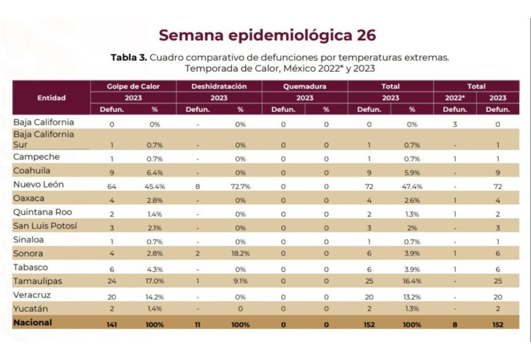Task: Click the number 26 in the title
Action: tap(365, 35)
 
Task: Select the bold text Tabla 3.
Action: tap(129, 58)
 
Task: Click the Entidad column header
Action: tap(51, 98)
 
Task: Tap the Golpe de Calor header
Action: tap(133, 87)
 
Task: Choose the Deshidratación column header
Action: tap(219, 87)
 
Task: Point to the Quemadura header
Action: tap(305, 87)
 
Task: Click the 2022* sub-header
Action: tap(455, 98)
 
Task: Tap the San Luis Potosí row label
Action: tap(46, 226)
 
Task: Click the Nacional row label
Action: tap(33, 322)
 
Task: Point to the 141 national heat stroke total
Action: tap(112, 324)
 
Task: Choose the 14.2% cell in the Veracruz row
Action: tap(155, 297)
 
